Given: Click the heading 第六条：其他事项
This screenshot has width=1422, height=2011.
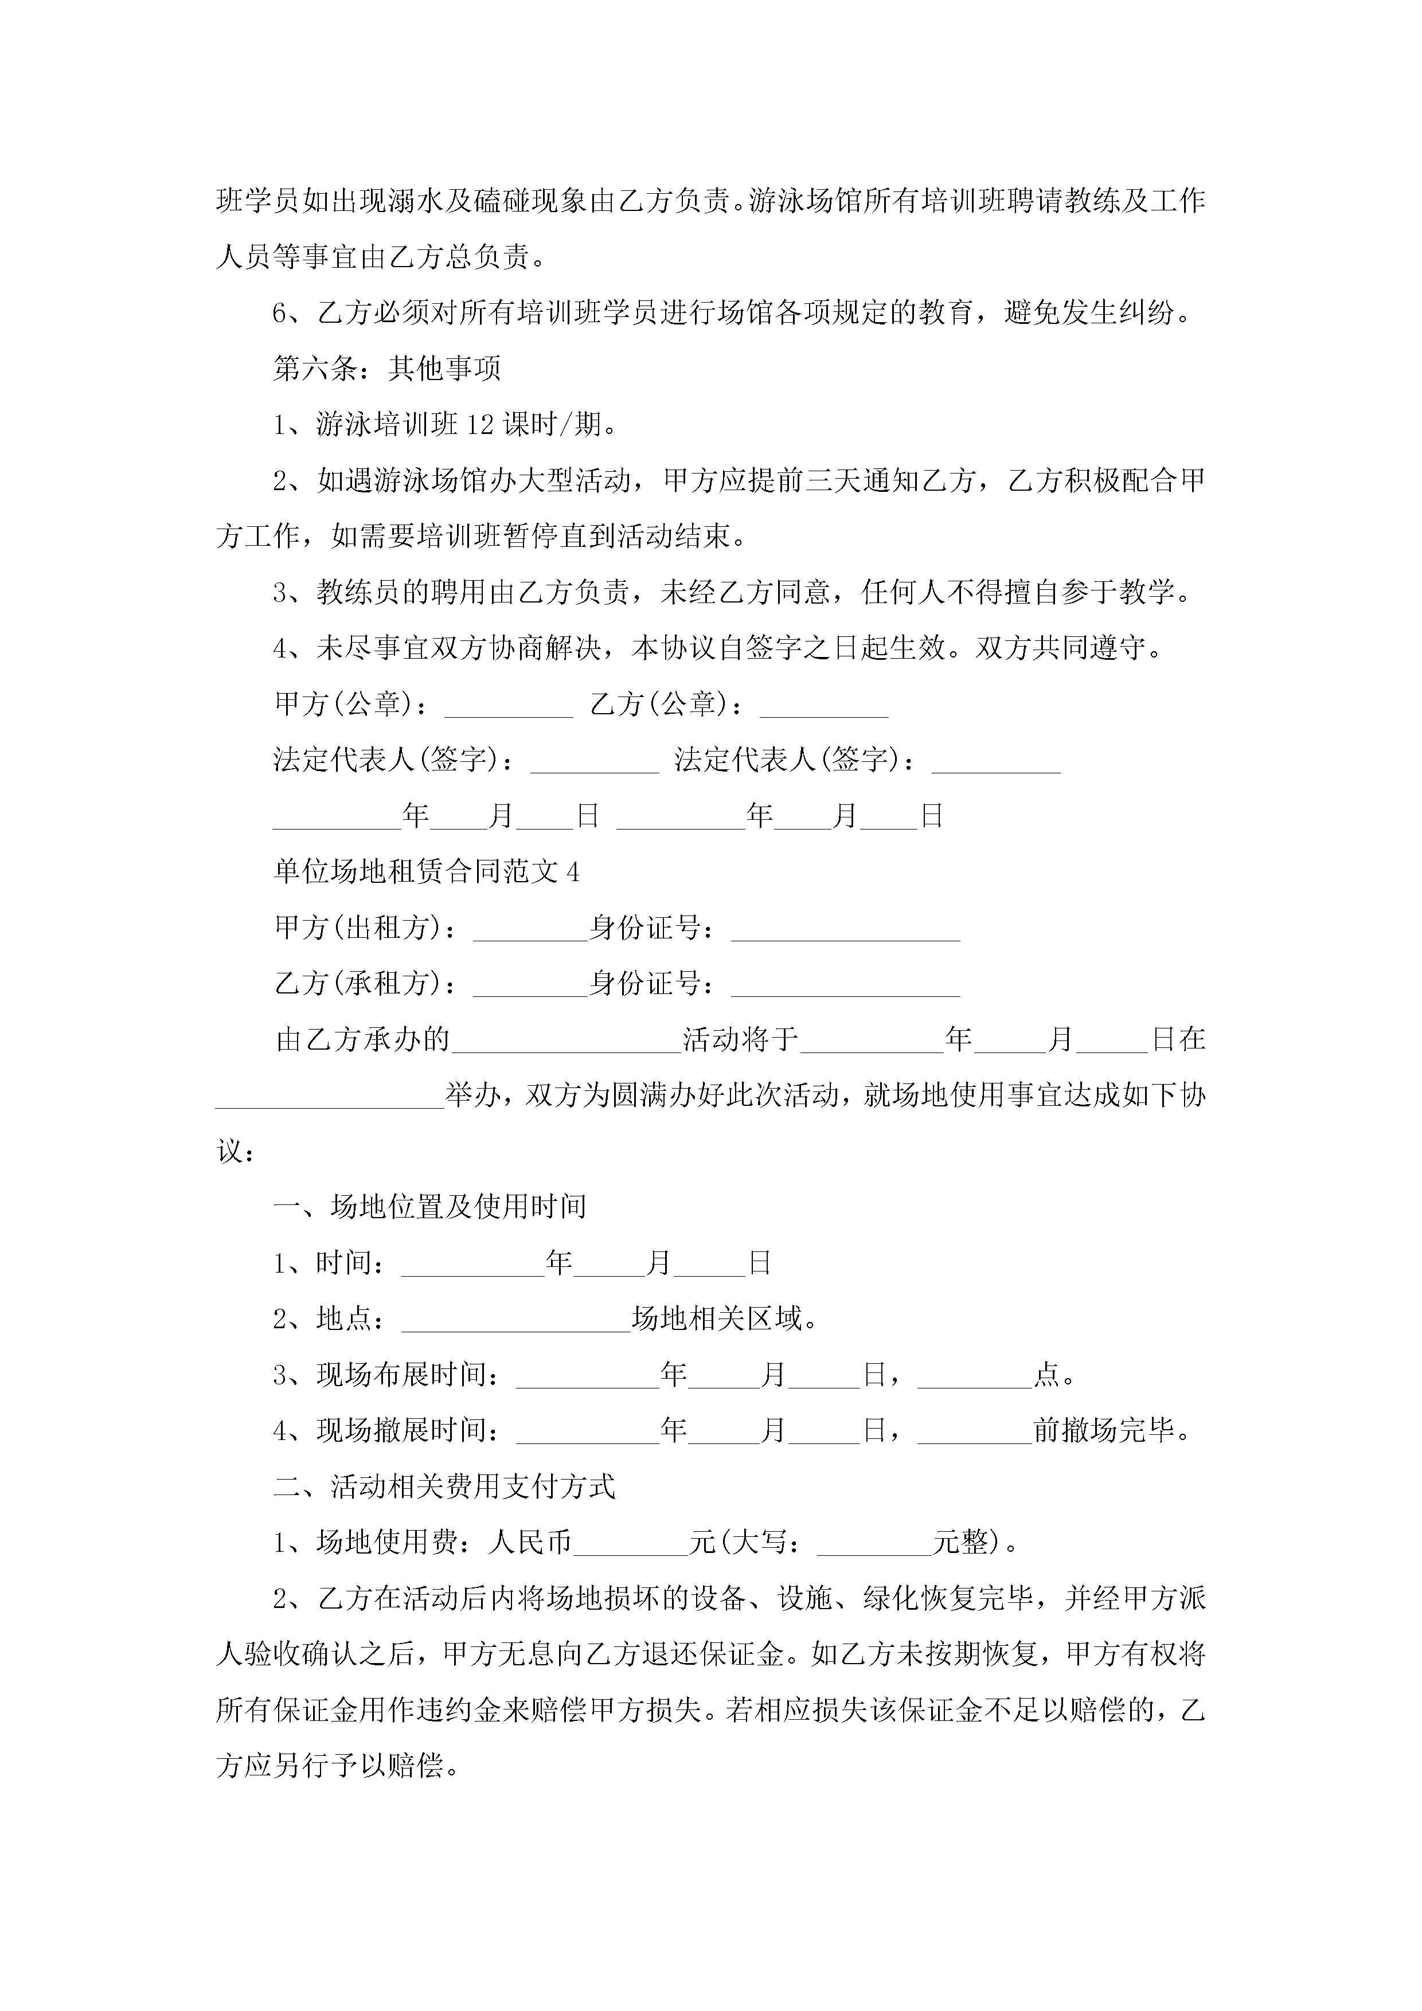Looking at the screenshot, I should click(x=386, y=369).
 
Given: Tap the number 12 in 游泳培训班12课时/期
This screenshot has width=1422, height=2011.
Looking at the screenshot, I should click(x=480, y=425).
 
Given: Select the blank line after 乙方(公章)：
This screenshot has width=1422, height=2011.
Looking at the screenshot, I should click(x=823, y=706).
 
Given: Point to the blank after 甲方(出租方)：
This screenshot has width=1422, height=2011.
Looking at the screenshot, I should click(x=529, y=929).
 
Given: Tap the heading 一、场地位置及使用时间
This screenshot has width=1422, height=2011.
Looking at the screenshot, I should click(x=429, y=1207).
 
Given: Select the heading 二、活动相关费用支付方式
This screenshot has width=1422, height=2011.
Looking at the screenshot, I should click(x=444, y=1486).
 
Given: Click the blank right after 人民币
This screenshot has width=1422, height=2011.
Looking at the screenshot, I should click(x=631, y=1543).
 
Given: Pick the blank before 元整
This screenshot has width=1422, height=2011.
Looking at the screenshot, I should click(x=873, y=1543).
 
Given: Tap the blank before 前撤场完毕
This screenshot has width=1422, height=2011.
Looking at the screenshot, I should click(x=974, y=1431).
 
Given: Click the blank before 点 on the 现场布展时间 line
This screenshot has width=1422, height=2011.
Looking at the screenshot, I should click(x=974, y=1376).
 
